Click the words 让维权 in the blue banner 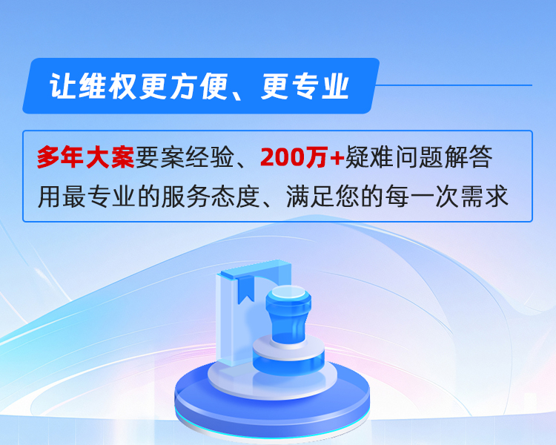click(x=93, y=86)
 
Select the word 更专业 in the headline click(x=305, y=86)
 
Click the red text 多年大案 click(x=86, y=156)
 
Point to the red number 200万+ click(x=302, y=156)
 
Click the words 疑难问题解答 click(x=419, y=156)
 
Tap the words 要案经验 click(x=185, y=156)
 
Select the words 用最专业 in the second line click(x=86, y=197)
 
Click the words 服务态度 click(x=211, y=197)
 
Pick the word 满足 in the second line click(x=311, y=197)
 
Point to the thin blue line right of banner click(x=454, y=85)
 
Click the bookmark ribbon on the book click(x=245, y=289)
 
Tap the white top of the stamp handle click(x=288, y=292)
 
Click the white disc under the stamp click(x=272, y=380)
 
